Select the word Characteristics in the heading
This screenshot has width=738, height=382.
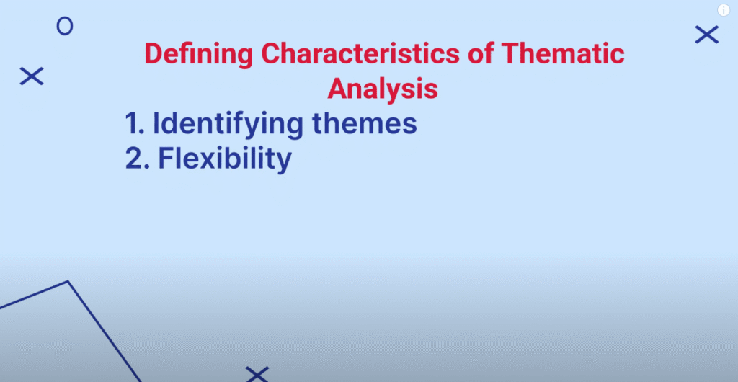360,53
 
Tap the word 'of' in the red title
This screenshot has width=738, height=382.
481,53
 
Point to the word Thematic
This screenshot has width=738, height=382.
564,53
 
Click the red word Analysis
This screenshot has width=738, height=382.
383,89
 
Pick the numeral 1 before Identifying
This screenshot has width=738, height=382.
133,123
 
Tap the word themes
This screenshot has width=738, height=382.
364,123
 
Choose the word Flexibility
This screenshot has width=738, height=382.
225,160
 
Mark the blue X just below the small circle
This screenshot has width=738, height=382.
32,76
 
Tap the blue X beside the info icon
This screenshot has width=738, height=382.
707,35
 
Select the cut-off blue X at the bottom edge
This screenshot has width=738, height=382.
257,375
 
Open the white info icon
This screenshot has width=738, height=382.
724,10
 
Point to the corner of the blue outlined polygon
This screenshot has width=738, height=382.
68,281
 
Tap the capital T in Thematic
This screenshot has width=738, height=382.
512,53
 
